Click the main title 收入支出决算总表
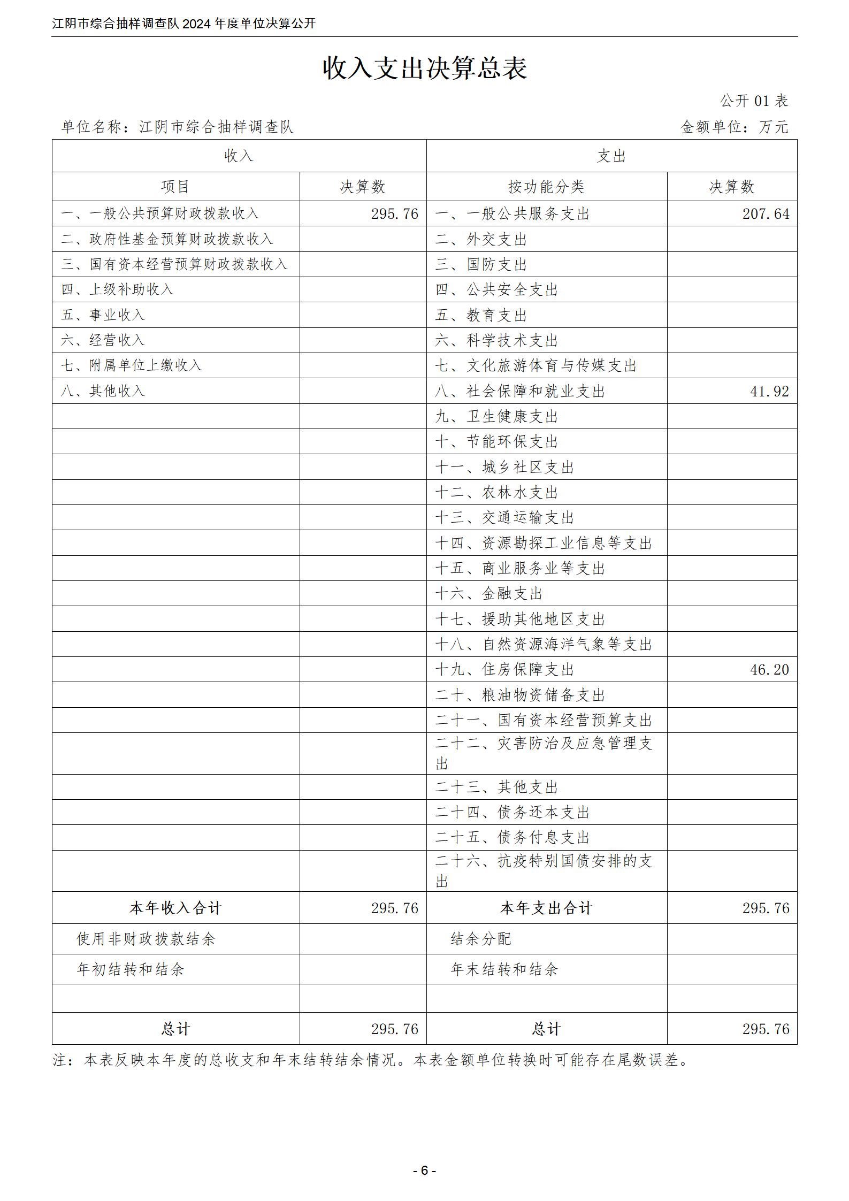424,68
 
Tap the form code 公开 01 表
753,101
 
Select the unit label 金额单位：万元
734,127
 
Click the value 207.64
766,214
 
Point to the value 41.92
769,392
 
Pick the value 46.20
769,670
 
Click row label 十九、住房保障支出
504,670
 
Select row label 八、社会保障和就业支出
520,392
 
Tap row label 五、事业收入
103,315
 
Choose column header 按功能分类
546,187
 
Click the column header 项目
175,187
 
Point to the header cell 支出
611,156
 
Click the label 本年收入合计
175,908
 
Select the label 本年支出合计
546,908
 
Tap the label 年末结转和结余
504,969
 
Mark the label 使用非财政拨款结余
146,939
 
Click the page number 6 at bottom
424,1171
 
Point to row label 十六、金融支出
489,594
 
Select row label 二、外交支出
481,240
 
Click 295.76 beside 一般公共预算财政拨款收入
394,214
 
